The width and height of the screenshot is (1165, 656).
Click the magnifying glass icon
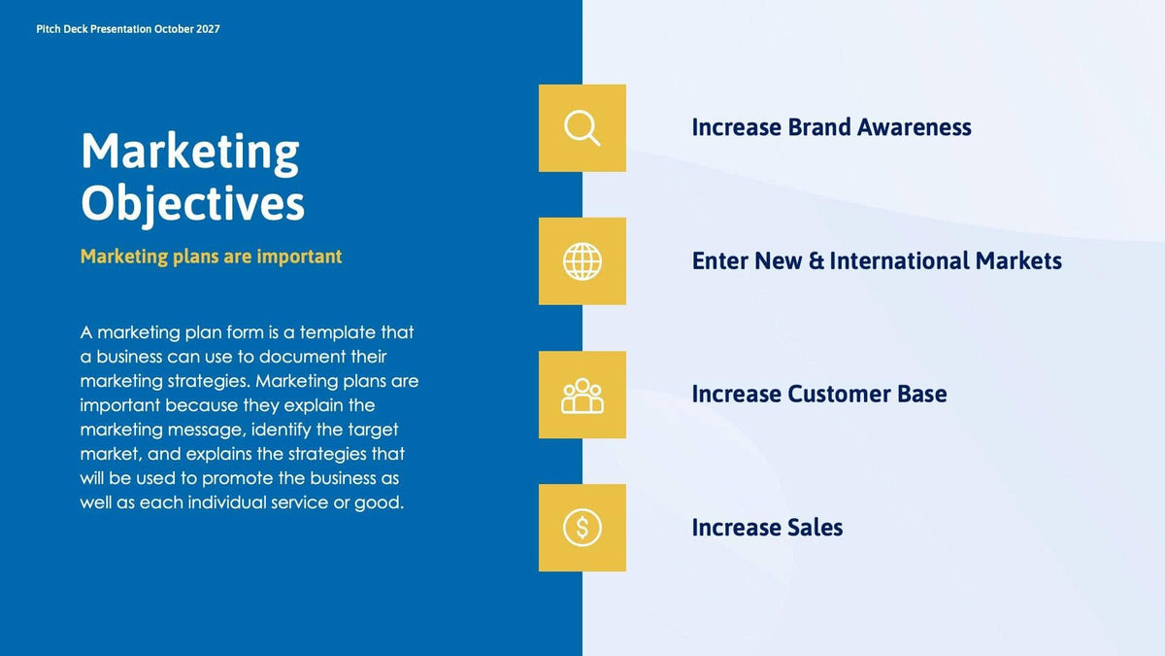click(x=582, y=128)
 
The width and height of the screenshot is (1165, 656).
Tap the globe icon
click(x=582, y=261)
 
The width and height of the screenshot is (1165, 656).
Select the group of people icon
click(x=582, y=395)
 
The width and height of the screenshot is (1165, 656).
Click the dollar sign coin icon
click(x=582, y=528)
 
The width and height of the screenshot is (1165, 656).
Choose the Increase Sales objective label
click(x=767, y=528)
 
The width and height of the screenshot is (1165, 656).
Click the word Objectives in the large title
click(x=192, y=204)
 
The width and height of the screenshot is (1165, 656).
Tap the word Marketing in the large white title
click(x=189, y=152)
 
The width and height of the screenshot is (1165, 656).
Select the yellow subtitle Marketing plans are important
click(x=211, y=257)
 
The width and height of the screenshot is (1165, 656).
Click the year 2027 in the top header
click(x=207, y=29)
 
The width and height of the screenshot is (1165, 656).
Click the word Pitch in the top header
click(x=48, y=29)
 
